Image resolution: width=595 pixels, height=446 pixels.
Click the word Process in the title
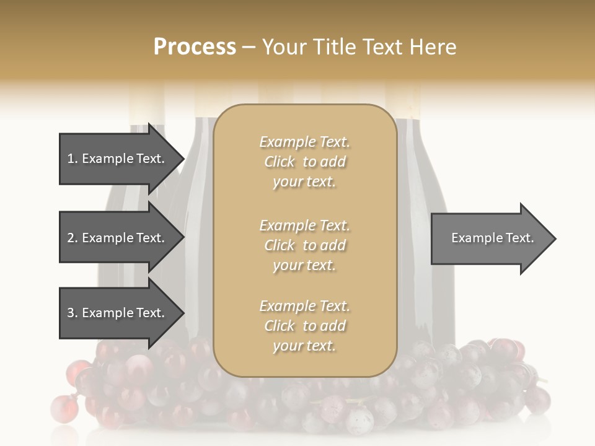(x=195, y=47)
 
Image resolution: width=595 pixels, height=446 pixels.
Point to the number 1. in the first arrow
(x=72, y=159)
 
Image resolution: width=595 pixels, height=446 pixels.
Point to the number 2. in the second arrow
(x=72, y=238)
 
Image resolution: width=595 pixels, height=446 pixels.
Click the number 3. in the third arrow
(x=72, y=313)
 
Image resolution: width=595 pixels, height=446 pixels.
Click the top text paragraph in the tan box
(x=304, y=162)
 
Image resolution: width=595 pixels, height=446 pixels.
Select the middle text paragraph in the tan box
(x=304, y=245)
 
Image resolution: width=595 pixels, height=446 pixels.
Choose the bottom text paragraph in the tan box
(x=304, y=326)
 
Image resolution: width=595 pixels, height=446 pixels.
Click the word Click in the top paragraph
(x=280, y=162)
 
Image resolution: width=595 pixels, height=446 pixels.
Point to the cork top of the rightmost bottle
(x=402, y=102)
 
